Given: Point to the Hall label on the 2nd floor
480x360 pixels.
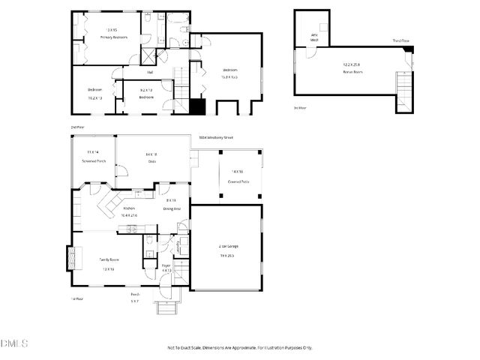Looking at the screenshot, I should coord(150,73).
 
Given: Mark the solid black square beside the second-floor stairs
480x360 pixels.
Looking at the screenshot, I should coord(197,106).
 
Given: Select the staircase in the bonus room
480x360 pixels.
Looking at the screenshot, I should coord(403,92).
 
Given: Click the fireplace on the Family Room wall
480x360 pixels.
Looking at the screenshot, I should coord(73,258).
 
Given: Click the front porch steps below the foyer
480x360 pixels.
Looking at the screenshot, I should coord(166,307).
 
